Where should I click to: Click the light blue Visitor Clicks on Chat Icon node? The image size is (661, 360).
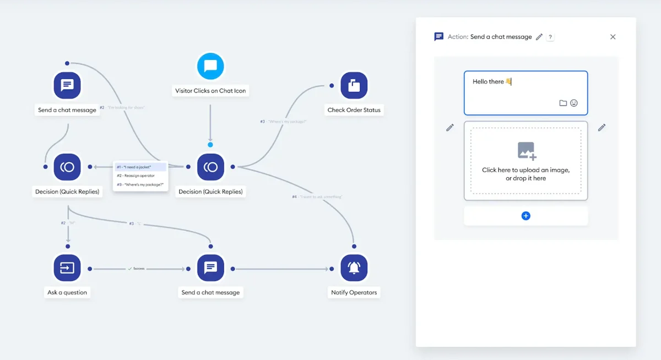coord(210,67)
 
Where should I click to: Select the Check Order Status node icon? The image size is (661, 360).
coord(354,86)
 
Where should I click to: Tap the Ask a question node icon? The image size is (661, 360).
coord(67,268)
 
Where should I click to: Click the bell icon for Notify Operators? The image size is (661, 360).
coord(354,268)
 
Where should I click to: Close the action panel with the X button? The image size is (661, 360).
coord(613,37)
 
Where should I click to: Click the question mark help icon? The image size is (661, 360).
coord(550,37)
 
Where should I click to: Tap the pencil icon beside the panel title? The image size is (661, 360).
coord(539,37)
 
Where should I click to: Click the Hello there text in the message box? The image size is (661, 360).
coord(488,81)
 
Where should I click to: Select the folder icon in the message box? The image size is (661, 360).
coord(563,103)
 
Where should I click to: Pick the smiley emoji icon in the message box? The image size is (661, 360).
coord(574,103)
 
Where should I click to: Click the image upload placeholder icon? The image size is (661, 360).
coord(526,150)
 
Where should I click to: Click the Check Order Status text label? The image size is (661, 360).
coord(354,110)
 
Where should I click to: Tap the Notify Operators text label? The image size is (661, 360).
coord(354,292)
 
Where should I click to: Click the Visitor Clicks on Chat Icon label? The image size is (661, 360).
coord(210,91)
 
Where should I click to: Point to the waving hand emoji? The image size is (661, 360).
coord(508,81)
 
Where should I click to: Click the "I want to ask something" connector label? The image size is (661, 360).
coord(317,197)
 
